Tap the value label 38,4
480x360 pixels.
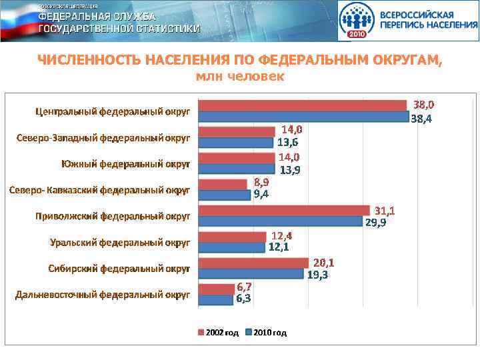click(421, 120)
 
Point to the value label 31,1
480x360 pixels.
click(385, 211)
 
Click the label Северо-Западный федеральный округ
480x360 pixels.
click(103, 138)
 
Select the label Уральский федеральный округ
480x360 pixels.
click(120, 242)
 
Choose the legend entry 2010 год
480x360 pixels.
click(266, 332)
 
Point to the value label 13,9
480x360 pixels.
click(289, 170)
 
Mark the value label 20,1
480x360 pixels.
click(323, 262)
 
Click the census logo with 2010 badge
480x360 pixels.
click(357, 21)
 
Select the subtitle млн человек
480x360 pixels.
click(239, 77)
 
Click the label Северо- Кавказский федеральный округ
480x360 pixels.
click(99, 190)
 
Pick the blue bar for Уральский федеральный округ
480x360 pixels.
click(233, 247)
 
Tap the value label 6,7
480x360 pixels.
click(244, 287)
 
